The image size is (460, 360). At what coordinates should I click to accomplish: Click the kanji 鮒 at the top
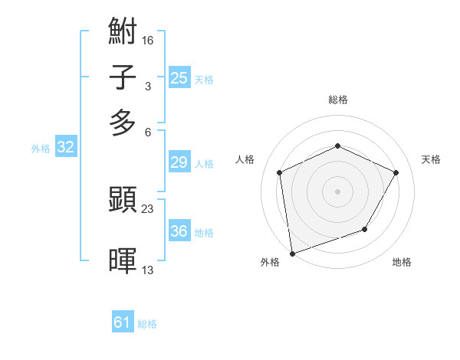pos(123,32)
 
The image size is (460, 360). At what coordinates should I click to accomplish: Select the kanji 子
pos(123,78)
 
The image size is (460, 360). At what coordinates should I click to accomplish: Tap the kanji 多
pos(123,123)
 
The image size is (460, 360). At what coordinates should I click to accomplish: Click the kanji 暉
pos(123,260)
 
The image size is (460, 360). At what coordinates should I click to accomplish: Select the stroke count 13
pos(148,269)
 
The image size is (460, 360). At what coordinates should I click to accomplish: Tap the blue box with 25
pos(179,78)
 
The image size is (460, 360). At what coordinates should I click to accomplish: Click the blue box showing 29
pos(179,162)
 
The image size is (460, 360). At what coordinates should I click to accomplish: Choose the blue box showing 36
pos(179,231)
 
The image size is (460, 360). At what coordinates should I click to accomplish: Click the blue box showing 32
pos(65,148)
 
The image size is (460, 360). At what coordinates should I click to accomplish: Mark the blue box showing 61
pos(123,323)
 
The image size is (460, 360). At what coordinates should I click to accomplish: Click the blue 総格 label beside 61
pos(147,325)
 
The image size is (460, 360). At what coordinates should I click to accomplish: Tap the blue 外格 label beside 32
pos(41,149)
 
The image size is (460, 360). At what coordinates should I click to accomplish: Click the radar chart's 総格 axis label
pos(337,100)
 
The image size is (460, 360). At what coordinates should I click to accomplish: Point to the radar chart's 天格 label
pos(432,159)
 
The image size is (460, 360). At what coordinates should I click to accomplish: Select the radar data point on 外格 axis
pos(291,253)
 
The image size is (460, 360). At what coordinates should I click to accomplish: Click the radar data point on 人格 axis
pos(280,172)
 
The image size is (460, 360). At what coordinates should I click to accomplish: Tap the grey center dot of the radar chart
pos(337,191)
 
